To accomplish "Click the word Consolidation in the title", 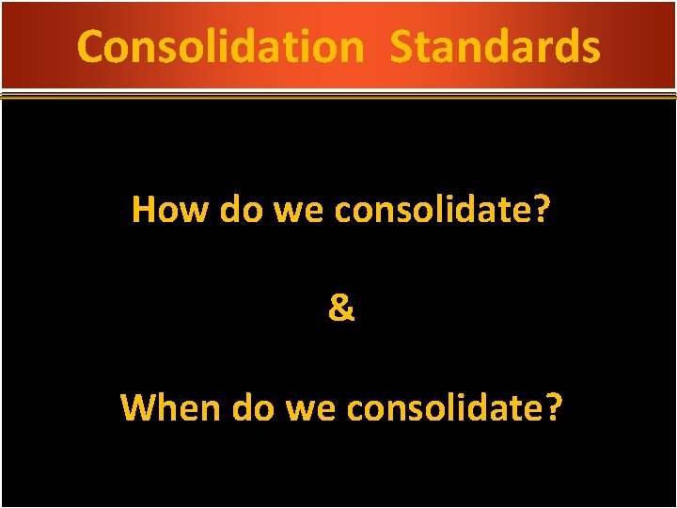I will coord(220,46).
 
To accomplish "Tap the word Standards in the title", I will coord(495,46).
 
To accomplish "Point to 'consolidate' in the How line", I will coord(430,209).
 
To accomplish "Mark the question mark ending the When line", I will coord(554,407).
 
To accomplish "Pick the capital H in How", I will coord(144,209).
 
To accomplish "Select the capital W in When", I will coord(139,407).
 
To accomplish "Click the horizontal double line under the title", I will coord(338,95).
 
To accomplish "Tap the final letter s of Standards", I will coord(590,49).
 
